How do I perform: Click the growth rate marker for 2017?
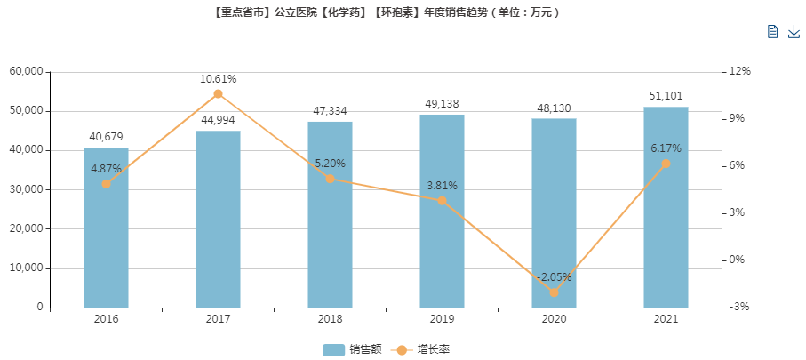point(218,94)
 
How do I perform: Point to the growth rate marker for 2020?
point(554,292)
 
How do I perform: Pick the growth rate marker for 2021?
point(666,164)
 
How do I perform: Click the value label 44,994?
point(218,120)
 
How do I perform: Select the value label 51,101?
point(666,96)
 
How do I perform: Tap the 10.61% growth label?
point(218,79)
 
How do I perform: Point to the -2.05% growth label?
point(554,276)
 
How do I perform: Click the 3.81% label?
point(442,186)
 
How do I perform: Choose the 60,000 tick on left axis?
point(26,71)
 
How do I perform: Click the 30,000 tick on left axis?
point(26,189)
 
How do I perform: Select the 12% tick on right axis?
point(739,71)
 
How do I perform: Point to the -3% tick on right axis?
point(738,307)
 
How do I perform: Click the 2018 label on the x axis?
point(330,319)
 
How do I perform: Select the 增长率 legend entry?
point(423,349)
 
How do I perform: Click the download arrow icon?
point(794,32)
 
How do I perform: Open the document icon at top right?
point(772,32)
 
